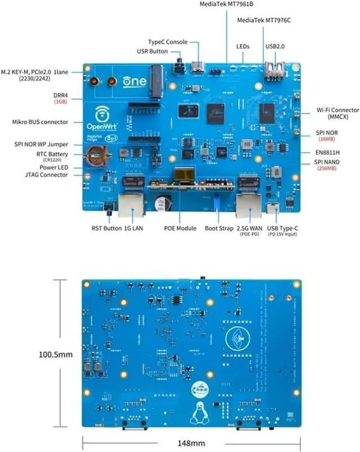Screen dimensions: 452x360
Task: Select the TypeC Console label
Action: tap(167, 42)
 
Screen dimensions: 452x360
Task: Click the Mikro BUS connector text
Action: tap(40, 122)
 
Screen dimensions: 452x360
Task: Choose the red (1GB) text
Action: tap(61, 102)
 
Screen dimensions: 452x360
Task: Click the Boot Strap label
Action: tap(219, 229)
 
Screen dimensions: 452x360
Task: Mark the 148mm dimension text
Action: tap(190, 443)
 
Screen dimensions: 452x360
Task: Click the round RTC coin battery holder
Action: tap(96, 154)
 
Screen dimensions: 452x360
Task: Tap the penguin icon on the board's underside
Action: tap(197, 416)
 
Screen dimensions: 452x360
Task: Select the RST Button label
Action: tap(105, 229)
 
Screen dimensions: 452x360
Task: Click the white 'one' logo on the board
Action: tap(135, 81)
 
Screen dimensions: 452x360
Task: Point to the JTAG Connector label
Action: tap(46, 175)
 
